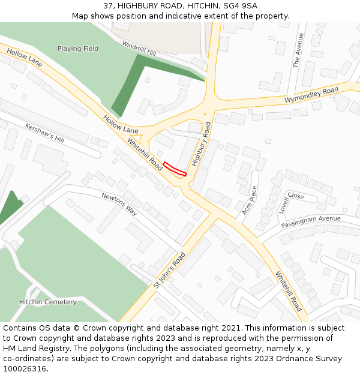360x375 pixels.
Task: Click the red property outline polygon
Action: click(175, 169)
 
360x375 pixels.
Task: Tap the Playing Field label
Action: click(78, 49)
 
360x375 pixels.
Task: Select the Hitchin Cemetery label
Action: click(48, 302)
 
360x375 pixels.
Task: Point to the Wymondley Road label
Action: click(311, 94)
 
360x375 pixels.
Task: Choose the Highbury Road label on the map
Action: click(201, 144)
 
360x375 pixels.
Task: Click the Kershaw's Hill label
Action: click(44, 133)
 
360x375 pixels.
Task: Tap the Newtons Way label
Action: click(119, 204)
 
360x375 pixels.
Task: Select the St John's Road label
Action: click(169, 270)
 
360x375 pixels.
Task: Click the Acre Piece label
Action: click(249, 200)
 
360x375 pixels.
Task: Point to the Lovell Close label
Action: click(291, 200)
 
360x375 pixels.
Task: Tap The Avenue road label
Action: click(298, 50)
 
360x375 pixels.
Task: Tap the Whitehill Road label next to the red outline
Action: click(145, 153)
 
